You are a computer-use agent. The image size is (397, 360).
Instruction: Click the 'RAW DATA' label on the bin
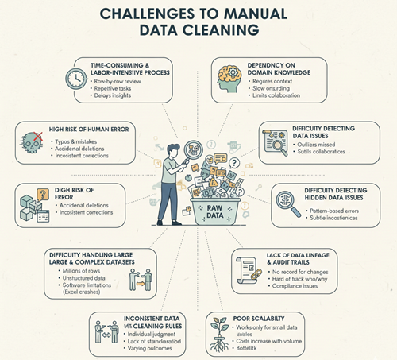click(x=210, y=215)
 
